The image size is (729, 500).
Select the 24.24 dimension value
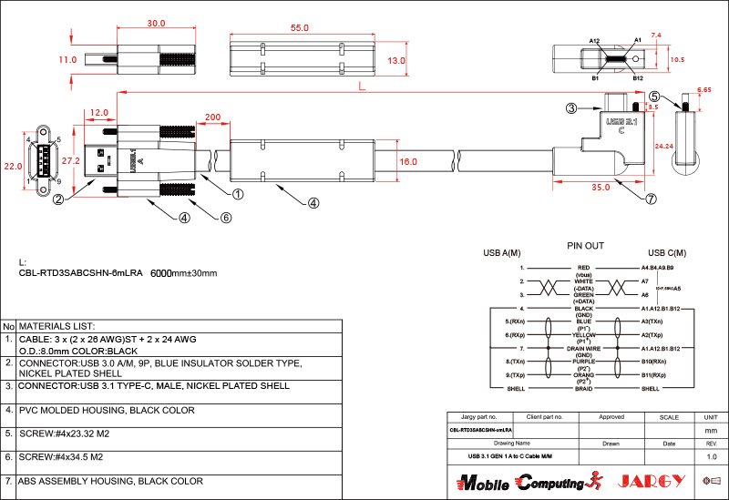click(x=662, y=146)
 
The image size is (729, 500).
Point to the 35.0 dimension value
click(x=600, y=187)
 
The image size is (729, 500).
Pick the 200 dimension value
click(x=212, y=117)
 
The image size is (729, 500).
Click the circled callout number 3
click(x=571, y=108)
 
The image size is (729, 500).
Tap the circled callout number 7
click(x=651, y=198)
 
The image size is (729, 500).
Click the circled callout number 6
click(x=227, y=217)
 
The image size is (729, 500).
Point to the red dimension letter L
click(x=362, y=87)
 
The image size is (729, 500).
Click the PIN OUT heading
click(x=585, y=246)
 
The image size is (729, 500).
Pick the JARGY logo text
click(x=652, y=481)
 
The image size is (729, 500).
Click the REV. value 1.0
click(x=712, y=456)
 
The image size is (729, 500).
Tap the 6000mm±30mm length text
click(x=183, y=273)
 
